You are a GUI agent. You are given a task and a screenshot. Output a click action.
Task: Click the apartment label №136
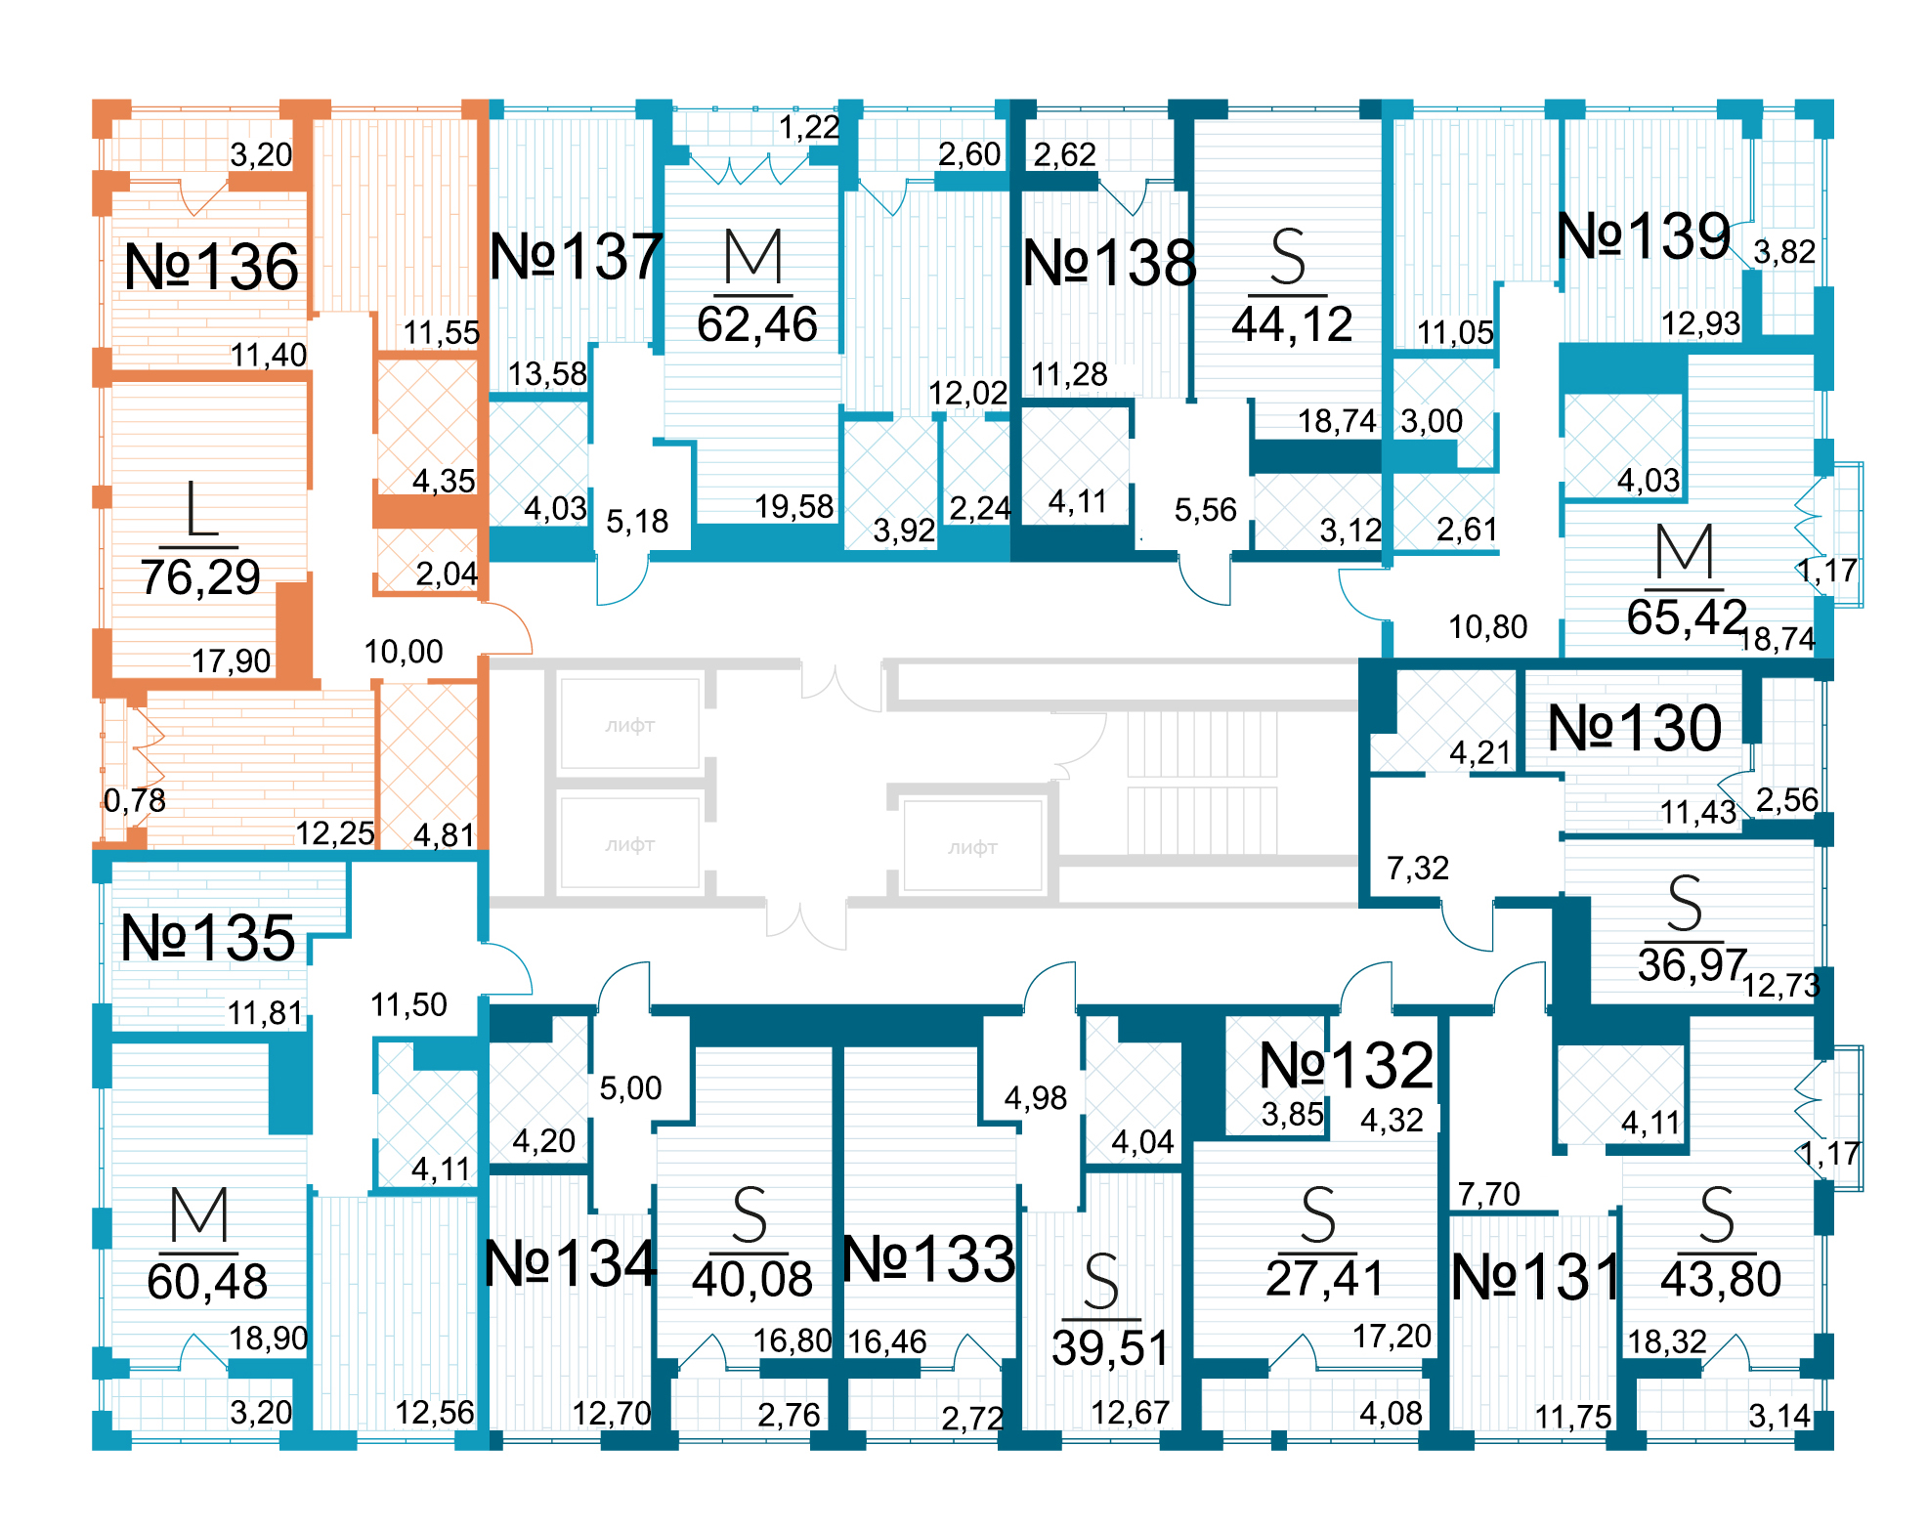click(x=211, y=267)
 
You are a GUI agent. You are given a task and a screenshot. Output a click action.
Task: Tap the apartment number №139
click(x=1644, y=236)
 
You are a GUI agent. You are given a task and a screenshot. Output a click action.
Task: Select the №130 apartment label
click(x=1635, y=729)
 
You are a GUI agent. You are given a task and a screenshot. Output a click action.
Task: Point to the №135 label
click(x=207, y=939)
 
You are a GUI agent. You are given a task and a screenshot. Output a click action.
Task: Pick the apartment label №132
click(x=1347, y=1065)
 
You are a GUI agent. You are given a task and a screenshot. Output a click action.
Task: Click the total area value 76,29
click(x=200, y=577)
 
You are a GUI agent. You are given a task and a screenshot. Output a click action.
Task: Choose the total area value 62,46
click(x=757, y=324)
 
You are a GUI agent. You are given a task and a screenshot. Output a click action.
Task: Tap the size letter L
click(x=201, y=509)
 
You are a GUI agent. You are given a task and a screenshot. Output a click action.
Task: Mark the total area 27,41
click(x=1325, y=1278)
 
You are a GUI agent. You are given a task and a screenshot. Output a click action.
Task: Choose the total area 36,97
click(x=1692, y=965)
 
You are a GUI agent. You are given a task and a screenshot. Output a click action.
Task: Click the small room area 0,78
click(x=135, y=801)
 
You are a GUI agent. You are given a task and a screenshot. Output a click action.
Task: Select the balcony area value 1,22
click(x=809, y=127)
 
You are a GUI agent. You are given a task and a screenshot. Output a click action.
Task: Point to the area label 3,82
click(x=1784, y=252)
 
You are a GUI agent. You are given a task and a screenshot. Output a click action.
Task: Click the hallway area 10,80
click(x=1487, y=627)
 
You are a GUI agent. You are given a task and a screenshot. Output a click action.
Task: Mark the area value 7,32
click(x=1418, y=868)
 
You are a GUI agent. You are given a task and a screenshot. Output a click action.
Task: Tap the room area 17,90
click(x=231, y=661)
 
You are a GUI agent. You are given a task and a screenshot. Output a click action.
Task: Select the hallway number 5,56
click(x=1205, y=510)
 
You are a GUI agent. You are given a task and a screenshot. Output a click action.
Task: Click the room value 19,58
click(x=793, y=506)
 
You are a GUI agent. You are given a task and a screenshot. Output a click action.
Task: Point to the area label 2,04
click(x=447, y=574)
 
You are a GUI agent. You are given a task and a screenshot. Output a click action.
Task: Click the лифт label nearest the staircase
click(x=972, y=848)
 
